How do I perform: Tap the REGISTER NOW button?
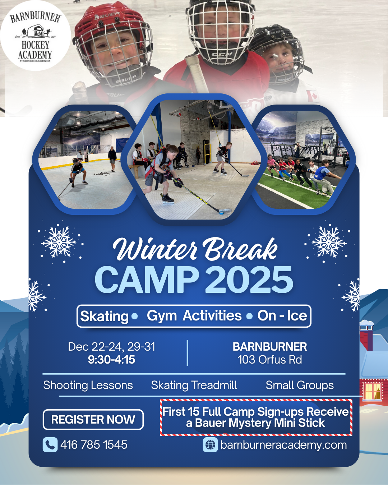(93, 419)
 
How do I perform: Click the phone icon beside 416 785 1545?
(50, 445)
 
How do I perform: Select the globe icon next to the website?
(210, 445)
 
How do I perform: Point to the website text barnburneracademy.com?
(283, 445)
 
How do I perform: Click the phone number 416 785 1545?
(94, 445)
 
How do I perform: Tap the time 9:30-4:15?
(111, 360)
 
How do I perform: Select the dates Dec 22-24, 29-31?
(111, 347)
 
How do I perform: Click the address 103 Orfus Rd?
(270, 360)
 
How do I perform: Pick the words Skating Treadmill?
(194, 385)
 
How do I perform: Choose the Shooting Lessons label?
(88, 385)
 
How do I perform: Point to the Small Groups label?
(300, 385)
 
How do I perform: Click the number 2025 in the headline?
(249, 280)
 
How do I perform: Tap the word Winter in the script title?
(154, 249)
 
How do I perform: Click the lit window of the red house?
(373, 391)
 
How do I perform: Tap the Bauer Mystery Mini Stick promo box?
(256, 417)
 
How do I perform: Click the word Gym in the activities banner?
(162, 316)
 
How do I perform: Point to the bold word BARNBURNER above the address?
(270, 347)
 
